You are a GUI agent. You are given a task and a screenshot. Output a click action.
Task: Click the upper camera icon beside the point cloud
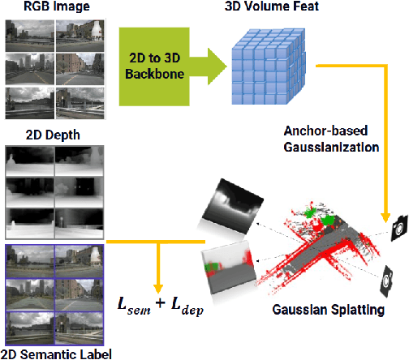(x=398, y=227)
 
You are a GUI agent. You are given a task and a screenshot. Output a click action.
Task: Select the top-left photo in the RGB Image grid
(x=28, y=33)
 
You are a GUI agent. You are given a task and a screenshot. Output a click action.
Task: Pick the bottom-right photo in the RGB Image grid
(x=78, y=105)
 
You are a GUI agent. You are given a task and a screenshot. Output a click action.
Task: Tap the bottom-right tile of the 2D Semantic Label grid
(x=78, y=327)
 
